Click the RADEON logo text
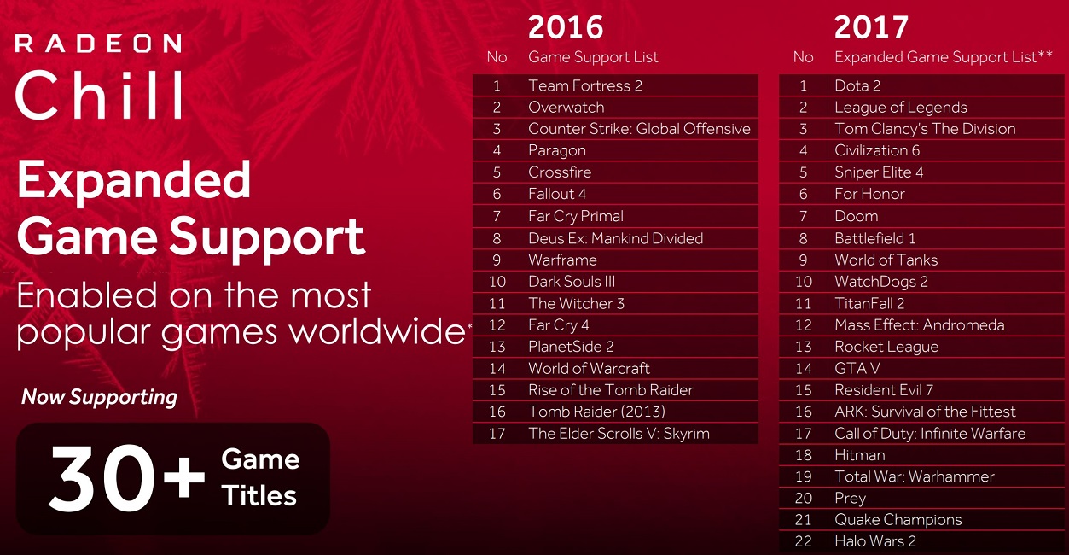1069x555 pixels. coord(98,44)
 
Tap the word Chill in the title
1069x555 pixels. coord(99,94)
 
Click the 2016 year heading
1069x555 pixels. coord(566,26)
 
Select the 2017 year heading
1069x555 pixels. coord(871,26)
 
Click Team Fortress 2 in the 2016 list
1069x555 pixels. coord(585,85)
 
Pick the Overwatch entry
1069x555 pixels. coord(566,107)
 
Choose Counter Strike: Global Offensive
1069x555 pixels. coord(639,128)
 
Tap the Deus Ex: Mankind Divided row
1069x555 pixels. coord(616,238)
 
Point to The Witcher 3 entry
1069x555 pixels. coord(576,303)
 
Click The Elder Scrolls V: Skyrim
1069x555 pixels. coord(619,433)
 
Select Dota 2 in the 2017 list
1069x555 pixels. coord(857,85)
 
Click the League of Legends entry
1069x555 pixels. coord(901,108)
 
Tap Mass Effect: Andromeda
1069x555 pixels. coord(919,324)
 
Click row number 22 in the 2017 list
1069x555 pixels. coord(803,541)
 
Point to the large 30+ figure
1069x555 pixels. coord(127,478)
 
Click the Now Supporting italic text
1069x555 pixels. coord(99,397)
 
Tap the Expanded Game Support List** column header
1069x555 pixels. coord(944,57)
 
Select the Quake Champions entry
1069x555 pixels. coord(898,520)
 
